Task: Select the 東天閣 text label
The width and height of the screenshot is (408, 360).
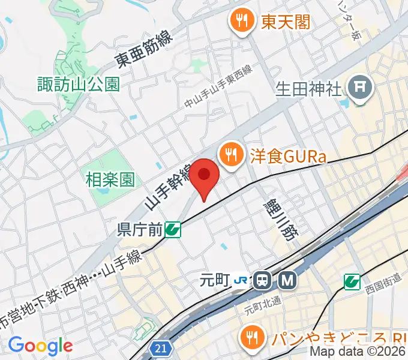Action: click(x=285, y=23)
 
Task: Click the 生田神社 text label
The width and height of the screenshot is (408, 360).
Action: click(x=308, y=89)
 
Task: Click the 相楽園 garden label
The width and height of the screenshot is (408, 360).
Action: click(x=110, y=179)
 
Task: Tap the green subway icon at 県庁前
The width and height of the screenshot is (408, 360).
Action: click(x=173, y=229)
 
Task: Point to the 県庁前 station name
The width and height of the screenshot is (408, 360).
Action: click(x=140, y=229)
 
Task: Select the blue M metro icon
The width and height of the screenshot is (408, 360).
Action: click(x=288, y=280)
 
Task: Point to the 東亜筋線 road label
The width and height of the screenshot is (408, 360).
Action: click(x=145, y=49)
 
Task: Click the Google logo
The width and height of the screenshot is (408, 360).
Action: click(x=40, y=346)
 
